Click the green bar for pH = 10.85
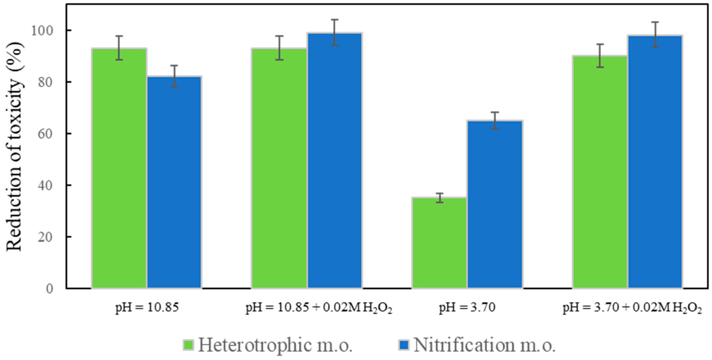point(119,169)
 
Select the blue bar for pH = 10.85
point(174,182)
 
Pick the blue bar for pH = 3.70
point(495,205)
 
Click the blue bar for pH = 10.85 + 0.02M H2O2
point(335,160)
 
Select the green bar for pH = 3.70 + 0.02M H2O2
point(600,172)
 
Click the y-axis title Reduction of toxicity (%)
point(14,146)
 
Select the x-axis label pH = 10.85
point(147,308)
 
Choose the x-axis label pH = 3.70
point(467,308)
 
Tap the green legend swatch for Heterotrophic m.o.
point(188,345)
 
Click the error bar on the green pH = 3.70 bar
point(440,198)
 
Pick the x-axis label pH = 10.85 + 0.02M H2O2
point(319,308)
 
